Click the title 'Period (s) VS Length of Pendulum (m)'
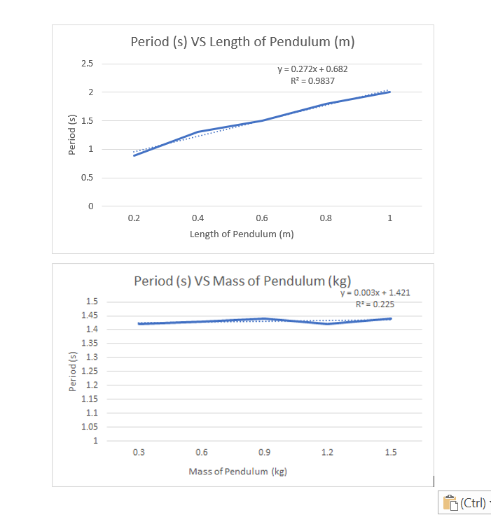[x=242, y=42]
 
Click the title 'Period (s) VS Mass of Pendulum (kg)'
[x=242, y=281]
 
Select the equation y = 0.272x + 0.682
[x=312, y=69]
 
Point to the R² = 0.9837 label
[x=312, y=80]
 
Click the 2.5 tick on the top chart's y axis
[x=87, y=64]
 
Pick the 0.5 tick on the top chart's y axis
[x=87, y=178]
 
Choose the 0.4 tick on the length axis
[x=198, y=218]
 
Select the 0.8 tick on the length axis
[x=326, y=218]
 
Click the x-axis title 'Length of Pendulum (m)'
[x=242, y=234]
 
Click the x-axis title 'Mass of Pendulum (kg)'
[x=237, y=471]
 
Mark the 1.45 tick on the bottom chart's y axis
[x=92, y=316]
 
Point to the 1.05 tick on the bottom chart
[x=92, y=427]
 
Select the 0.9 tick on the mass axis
[x=265, y=452]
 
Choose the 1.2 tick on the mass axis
[x=327, y=452]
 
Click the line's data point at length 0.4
[x=198, y=132]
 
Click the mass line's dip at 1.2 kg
[x=327, y=324]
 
